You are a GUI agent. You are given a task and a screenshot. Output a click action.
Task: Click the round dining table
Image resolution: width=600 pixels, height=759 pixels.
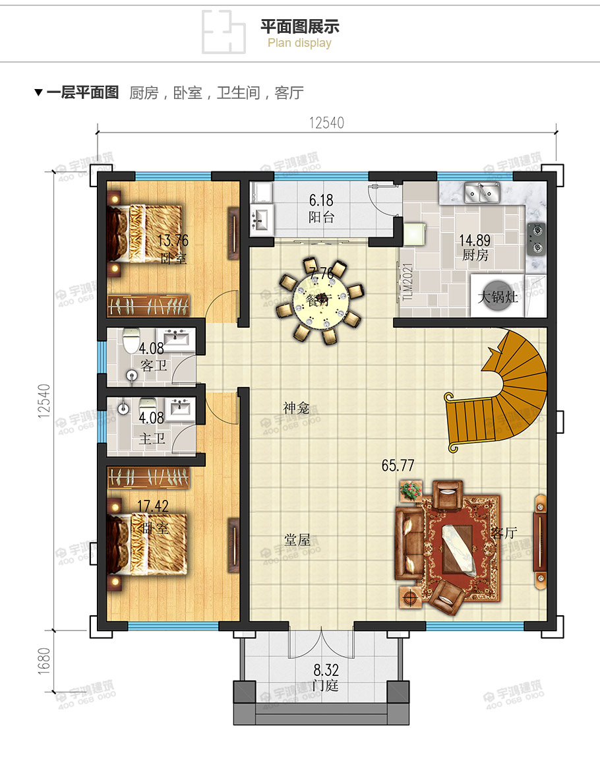point(320,301)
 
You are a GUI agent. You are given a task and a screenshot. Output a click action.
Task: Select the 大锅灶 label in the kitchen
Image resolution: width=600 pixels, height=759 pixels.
point(498,297)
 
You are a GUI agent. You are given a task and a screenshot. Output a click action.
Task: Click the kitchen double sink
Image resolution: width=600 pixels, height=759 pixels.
point(482,194)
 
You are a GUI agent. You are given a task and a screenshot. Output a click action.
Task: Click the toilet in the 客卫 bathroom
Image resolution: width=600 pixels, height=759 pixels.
point(131,342)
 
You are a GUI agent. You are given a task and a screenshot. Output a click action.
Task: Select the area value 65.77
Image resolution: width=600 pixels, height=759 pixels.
point(398,466)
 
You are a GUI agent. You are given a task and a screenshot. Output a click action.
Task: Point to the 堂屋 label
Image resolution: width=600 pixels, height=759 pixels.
point(297,540)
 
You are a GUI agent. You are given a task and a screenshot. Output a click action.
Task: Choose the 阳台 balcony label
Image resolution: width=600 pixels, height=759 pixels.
point(321,218)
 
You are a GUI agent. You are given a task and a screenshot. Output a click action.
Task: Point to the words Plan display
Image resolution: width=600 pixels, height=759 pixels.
point(299,44)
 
